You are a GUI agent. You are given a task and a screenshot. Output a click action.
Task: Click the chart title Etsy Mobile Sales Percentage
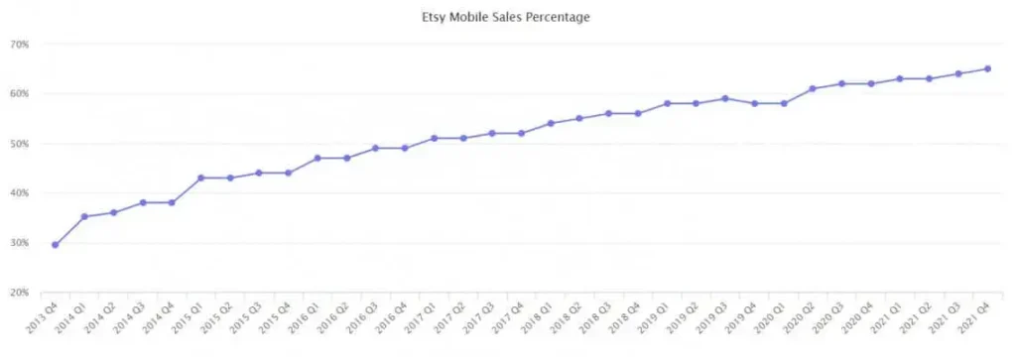[x=507, y=17]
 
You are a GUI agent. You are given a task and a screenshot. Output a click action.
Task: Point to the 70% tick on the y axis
[x=19, y=45]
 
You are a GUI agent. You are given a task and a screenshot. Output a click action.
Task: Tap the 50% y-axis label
[x=19, y=144]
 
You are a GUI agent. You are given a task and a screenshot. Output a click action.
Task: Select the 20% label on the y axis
[x=19, y=293]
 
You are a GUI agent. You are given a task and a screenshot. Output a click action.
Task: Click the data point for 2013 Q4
[x=55, y=245]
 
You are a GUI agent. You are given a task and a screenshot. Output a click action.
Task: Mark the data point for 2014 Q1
[x=83, y=216]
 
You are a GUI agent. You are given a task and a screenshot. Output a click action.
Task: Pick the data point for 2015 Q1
[x=200, y=178]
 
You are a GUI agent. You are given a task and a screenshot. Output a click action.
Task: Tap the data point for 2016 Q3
[x=375, y=148]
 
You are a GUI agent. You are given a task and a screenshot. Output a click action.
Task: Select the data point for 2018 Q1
[x=551, y=123]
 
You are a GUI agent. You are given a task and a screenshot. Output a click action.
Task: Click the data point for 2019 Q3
[x=725, y=98]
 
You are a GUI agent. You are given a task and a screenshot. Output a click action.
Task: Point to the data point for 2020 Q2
[x=813, y=88]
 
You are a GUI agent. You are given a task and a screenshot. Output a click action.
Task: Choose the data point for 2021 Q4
[x=987, y=68]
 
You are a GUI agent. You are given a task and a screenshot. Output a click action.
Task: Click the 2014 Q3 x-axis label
[x=130, y=318]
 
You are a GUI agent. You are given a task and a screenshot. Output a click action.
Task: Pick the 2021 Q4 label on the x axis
[x=975, y=318]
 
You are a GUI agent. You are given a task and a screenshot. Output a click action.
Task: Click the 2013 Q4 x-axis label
[x=43, y=318]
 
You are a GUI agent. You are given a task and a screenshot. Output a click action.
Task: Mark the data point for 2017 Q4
[x=521, y=133]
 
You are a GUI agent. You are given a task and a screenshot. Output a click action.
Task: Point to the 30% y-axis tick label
[x=19, y=243]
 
